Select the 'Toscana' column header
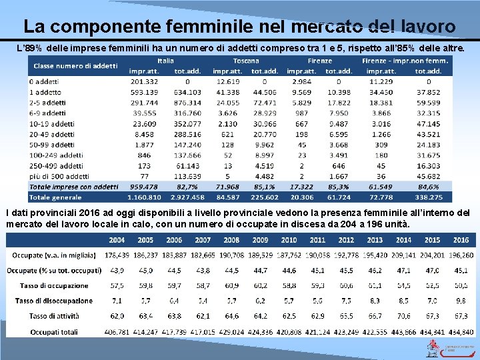[x=246, y=61]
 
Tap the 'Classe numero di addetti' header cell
[x=75, y=65]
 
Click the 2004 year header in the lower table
[x=117, y=240]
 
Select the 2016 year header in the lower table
[x=460, y=240]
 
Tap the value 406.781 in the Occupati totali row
[x=117, y=331]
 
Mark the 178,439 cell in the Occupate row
[x=117, y=255]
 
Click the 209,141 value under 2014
[x=403, y=255]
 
